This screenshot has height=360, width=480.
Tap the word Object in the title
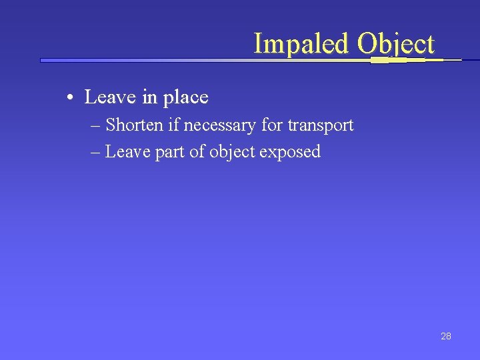click(x=395, y=44)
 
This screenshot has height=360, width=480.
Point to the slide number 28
click(x=446, y=336)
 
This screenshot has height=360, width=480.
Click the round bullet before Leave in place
click(x=70, y=99)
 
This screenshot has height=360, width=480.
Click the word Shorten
click(x=137, y=125)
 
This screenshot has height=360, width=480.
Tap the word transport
click(x=320, y=125)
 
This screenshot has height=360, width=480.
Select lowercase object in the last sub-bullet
click(x=232, y=152)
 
